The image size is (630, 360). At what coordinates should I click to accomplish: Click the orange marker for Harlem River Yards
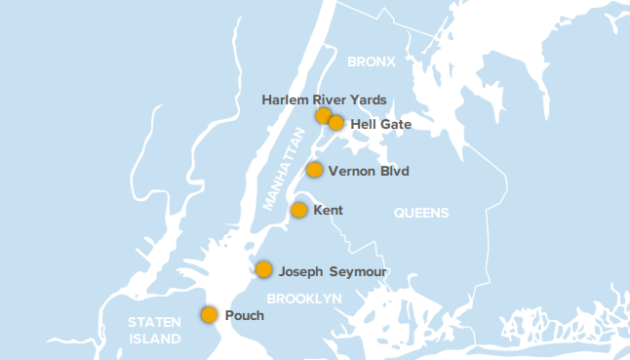pos(324,116)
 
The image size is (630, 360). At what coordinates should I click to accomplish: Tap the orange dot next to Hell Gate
pos(336,123)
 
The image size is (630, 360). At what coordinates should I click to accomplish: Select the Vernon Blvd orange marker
pos(315,170)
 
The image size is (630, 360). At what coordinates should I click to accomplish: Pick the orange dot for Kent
pos(299,210)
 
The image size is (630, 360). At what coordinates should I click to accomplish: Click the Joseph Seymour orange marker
pos(264,269)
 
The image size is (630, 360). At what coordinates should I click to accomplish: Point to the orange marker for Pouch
pos(209,314)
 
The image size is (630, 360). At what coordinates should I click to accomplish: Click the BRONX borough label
pos(371,61)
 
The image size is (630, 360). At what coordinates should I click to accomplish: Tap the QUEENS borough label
pos(421,213)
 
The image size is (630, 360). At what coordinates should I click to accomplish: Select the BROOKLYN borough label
pos(304,298)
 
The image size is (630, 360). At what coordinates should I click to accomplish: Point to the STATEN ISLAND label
pos(155,331)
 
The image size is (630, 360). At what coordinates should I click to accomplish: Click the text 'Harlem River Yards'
pos(325,100)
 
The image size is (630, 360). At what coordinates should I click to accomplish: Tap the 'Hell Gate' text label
pos(380,124)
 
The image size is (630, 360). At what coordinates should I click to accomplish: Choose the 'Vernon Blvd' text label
pos(369,171)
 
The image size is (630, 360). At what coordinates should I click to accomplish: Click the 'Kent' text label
pos(329,211)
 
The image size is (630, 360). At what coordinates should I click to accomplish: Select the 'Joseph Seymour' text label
pos(333,270)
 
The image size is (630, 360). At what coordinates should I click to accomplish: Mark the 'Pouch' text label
pos(245,315)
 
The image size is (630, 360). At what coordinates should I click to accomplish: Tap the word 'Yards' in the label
pos(369,100)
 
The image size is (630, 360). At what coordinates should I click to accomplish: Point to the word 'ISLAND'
pos(155,340)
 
